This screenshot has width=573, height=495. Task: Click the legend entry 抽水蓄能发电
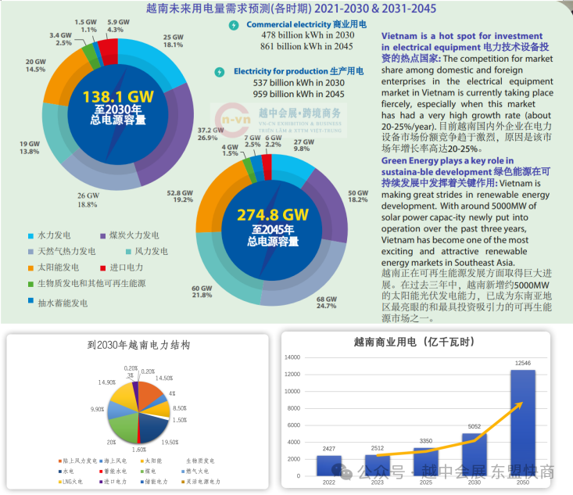pyautogui.click(x=56, y=302)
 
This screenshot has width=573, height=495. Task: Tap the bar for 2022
pyautogui.click(x=329, y=465)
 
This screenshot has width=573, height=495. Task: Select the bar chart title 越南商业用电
pyautogui.click(x=423, y=341)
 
